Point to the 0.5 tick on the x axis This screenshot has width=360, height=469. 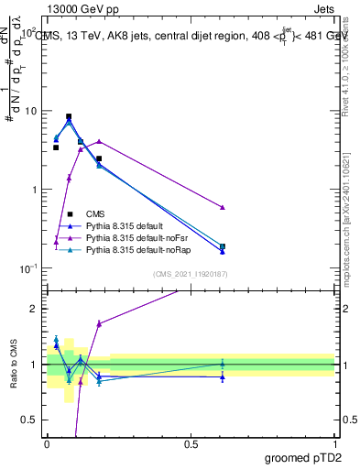point(191,443)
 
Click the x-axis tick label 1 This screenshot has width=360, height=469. point(334,443)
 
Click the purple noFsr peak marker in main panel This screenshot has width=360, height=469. point(99,141)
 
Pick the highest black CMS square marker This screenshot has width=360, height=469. point(69,117)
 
